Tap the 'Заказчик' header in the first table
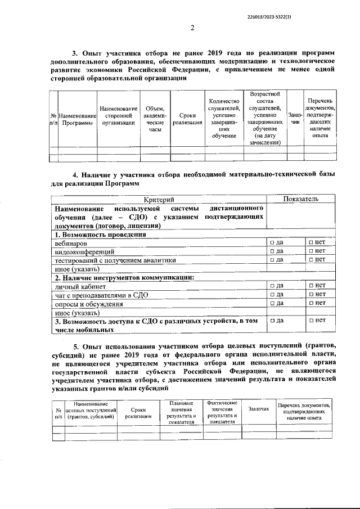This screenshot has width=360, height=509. pos(293,119)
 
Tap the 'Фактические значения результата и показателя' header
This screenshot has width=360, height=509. pos(222,412)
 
